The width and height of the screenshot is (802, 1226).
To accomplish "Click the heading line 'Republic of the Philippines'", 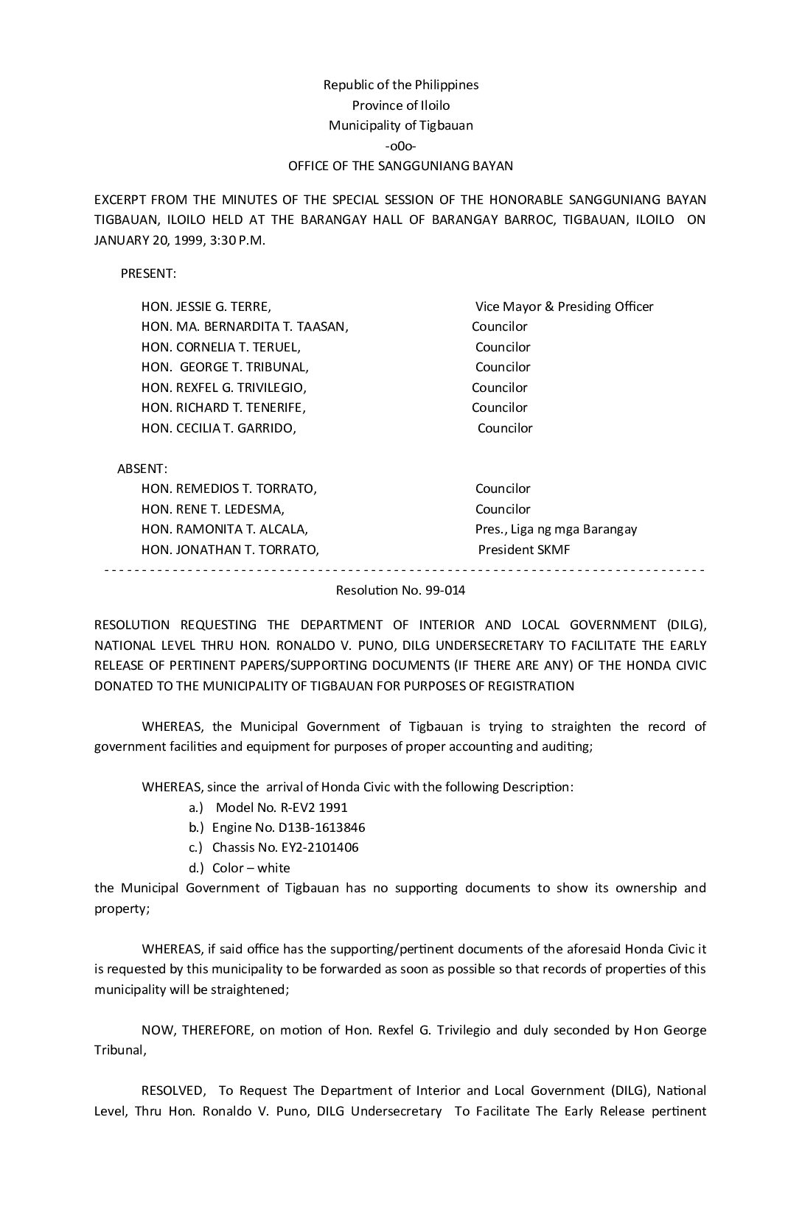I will click(400, 85).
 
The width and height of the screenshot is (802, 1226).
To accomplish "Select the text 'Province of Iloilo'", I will click(400, 105).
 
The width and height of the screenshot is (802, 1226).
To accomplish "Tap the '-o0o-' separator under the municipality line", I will click(400, 146).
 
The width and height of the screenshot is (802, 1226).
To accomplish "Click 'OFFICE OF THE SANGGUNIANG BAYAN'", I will click(400, 166).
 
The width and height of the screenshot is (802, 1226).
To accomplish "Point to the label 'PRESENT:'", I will click(148, 273).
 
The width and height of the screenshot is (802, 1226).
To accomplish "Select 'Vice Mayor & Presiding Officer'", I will click(564, 306).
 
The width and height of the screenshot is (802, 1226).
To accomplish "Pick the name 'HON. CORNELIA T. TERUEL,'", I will click(221, 347).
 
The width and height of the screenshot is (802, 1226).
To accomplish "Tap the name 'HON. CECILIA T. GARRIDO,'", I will click(219, 428).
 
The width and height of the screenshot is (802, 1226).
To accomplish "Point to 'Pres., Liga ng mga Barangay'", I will click(556, 529).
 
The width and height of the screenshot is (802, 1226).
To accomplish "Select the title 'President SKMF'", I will click(523, 550).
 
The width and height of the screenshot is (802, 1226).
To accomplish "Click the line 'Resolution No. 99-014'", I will click(400, 590).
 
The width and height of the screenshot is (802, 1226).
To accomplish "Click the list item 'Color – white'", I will click(251, 868).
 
